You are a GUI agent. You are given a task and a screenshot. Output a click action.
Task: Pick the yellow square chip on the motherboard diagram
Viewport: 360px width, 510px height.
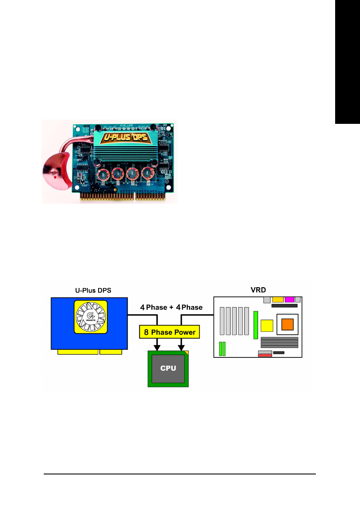(x=267, y=326)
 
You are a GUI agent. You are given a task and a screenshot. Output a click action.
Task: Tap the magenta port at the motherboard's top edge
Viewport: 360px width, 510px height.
(x=288, y=299)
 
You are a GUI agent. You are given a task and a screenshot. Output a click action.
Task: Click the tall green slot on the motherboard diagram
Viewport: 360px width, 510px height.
(x=255, y=325)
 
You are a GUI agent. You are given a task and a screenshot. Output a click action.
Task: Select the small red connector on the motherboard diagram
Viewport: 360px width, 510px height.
(x=265, y=355)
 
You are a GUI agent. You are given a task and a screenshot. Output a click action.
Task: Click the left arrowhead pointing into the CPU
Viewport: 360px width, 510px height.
(x=158, y=346)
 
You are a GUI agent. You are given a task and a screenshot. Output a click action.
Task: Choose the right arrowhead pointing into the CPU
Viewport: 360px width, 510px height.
(x=182, y=346)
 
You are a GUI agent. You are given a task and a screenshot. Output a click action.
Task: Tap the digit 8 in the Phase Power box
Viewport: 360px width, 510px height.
(x=147, y=332)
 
